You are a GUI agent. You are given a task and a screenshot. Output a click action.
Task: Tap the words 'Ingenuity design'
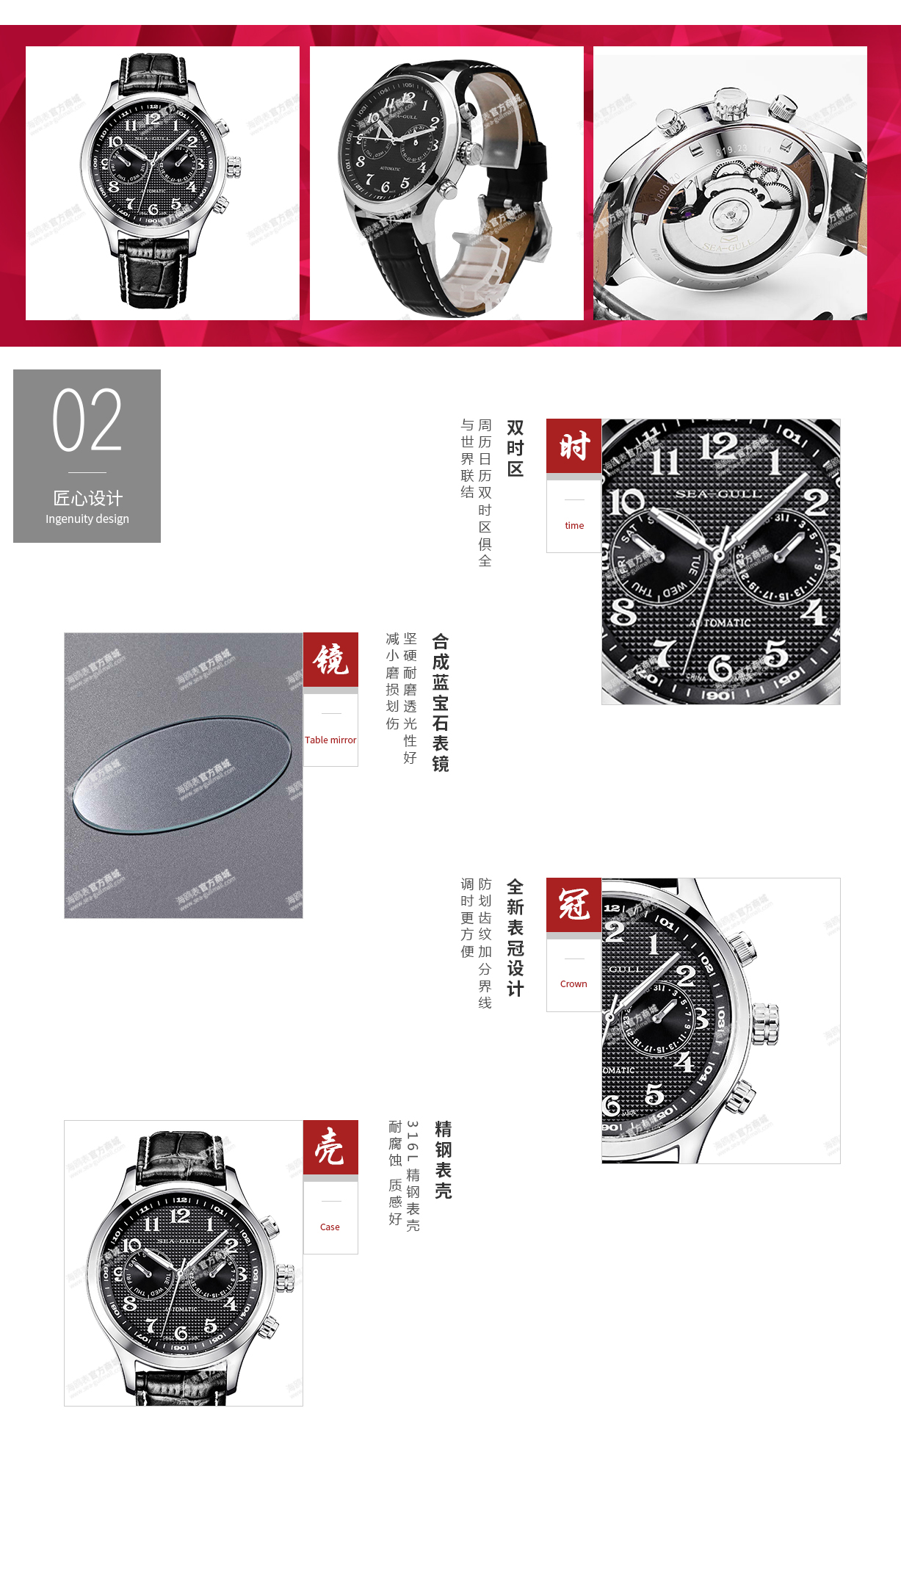click(87, 519)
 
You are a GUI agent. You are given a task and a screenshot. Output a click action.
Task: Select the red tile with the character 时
click(573, 446)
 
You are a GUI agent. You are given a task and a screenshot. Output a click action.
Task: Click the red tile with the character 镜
click(330, 660)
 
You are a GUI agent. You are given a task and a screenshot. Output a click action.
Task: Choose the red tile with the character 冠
click(573, 905)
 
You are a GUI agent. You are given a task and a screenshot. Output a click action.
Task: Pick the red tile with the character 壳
click(330, 1147)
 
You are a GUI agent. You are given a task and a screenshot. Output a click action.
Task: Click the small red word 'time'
click(574, 525)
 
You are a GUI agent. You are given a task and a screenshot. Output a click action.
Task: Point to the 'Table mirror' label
click(330, 740)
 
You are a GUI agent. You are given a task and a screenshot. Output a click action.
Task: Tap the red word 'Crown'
click(573, 983)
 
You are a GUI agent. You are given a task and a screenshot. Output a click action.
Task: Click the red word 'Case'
click(330, 1227)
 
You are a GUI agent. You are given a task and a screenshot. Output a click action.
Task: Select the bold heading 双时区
click(515, 448)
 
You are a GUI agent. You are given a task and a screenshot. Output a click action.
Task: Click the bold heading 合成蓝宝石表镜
click(441, 702)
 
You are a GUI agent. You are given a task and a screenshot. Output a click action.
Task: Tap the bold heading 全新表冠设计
click(515, 938)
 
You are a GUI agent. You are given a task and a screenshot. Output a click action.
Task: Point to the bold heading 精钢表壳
click(443, 1160)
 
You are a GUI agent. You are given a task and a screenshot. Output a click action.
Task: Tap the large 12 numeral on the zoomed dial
click(717, 446)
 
